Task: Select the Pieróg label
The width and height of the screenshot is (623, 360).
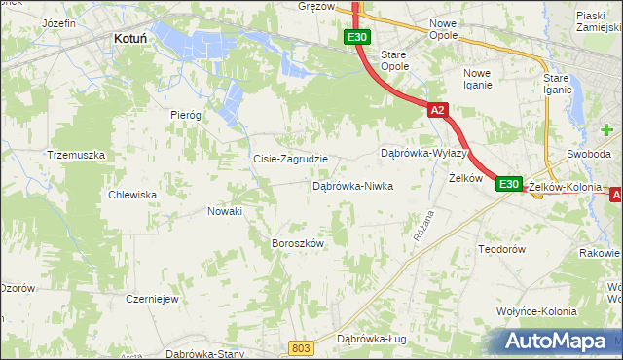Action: (x=185, y=115)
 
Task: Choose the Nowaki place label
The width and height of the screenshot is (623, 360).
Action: (x=226, y=210)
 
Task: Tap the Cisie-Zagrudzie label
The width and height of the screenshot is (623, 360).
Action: (x=290, y=159)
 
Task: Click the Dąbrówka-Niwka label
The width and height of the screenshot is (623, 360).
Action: (x=352, y=185)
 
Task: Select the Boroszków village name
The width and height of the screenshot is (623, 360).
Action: (x=297, y=243)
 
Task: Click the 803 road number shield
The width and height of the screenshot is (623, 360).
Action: (x=303, y=347)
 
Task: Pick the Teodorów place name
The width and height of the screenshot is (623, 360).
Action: (x=502, y=250)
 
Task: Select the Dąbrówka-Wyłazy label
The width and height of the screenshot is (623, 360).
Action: (x=425, y=154)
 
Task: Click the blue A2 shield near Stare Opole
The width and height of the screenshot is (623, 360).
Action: (x=437, y=111)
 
